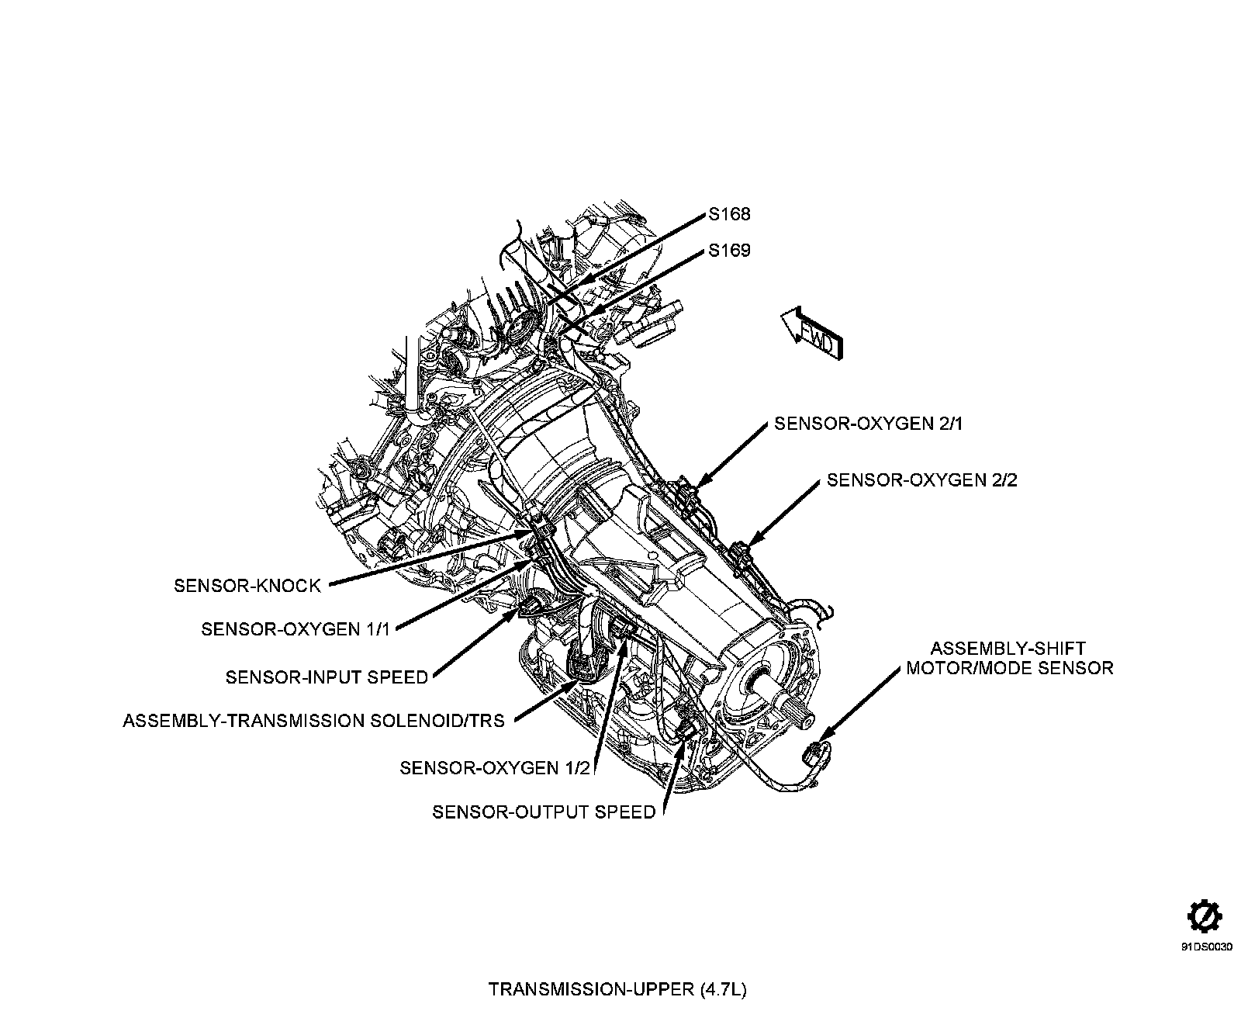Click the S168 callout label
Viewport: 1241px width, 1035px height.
click(729, 214)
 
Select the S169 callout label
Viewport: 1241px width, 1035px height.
click(729, 251)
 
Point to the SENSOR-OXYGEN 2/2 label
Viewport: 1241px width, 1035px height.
click(921, 479)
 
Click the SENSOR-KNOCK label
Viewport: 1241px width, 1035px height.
click(247, 585)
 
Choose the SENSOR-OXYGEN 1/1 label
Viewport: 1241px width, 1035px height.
click(295, 628)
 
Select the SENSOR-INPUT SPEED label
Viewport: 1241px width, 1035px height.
click(327, 677)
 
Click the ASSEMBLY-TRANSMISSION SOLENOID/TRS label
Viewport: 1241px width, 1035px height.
click(313, 721)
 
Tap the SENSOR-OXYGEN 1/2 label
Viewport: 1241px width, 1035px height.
click(495, 767)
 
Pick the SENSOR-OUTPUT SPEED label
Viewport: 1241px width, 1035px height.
click(544, 812)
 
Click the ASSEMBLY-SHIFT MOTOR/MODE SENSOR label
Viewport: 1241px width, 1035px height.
click(1009, 658)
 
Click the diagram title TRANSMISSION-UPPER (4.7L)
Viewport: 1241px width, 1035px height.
click(617, 990)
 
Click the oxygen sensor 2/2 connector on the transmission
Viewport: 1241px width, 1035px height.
click(741, 552)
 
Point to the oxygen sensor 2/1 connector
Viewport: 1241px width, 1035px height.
click(687, 492)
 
